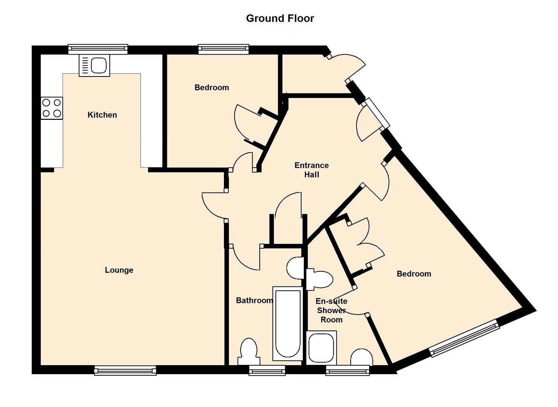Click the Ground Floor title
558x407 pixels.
pyautogui.click(x=280, y=18)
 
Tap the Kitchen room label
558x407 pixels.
pyautogui.click(x=102, y=115)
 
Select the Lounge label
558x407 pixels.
pyautogui.click(x=119, y=270)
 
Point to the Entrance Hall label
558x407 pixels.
pyautogui.click(x=311, y=170)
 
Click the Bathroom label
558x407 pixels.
pyautogui.click(x=254, y=300)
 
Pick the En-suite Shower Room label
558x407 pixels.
pyautogui.click(x=331, y=311)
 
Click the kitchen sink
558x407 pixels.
pyautogui.click(x=94, y=66)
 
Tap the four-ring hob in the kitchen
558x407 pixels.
pyautogui.click(x=52, y=108)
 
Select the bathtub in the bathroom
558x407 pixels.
pyautogui.click(x=288, y=324)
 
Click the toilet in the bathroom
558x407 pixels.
pyautogui.click(x=249, y=352)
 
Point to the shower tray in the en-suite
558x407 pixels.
pyautogui.click(x=321, y=348)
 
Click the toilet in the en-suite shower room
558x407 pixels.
pyautogui.click(x=362, y=357)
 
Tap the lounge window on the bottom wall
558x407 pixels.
pyautogui.click(x=125, y=370)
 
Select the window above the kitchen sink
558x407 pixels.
pyautogui.click(x=98, y=49)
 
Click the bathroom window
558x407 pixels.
pyautogui.click(x=267, y=370)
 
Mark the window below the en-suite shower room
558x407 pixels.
pyautogui.click(x=348, y=370)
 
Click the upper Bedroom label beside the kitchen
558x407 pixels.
pyautogui.click(x=212, y=87)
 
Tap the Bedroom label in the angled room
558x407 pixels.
pyautogui.click(x=414, y=274)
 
